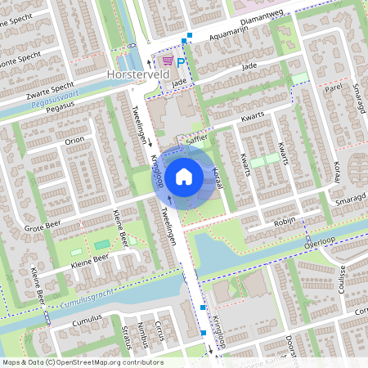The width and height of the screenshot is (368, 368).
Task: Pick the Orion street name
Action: pyautogui.click(x=75, y=140)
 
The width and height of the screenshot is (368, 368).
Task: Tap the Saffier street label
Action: pyautogui.click(x=197, y=139)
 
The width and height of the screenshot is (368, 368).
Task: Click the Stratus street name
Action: pyautogui.click(x=125, y=337)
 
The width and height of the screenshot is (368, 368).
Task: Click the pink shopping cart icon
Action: pyautogui.click(x=168, y=61)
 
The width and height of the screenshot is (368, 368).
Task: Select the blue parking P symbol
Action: pyautogui.click(x=182, y=61)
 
